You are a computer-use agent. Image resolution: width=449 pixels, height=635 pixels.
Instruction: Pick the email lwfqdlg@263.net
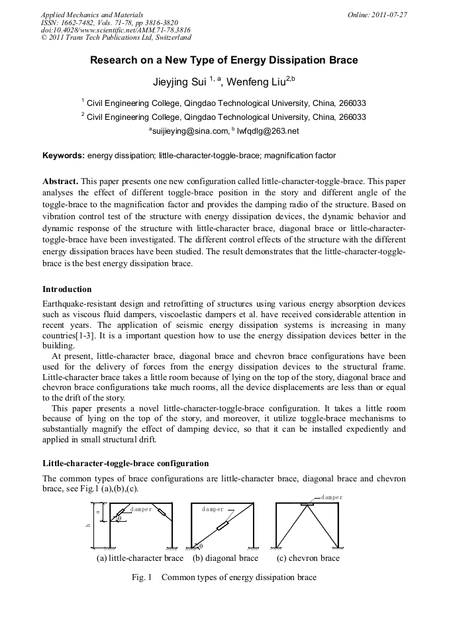268,131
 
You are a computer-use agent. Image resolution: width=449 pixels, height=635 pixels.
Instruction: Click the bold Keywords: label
64,156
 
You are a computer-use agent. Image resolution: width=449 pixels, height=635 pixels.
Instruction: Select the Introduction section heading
67,289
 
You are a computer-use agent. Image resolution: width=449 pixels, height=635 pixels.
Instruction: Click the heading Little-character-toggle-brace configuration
125,463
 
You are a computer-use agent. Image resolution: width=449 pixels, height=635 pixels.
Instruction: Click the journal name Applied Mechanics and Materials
92,14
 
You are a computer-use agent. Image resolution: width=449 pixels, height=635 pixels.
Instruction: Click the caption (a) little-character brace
140,558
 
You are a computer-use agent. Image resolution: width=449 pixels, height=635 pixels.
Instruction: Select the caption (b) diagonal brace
225,558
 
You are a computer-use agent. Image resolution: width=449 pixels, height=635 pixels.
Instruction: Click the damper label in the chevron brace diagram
332,497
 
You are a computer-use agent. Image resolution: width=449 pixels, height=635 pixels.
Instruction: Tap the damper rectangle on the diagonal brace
223,526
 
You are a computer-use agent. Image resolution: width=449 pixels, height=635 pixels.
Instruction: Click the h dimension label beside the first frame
88,526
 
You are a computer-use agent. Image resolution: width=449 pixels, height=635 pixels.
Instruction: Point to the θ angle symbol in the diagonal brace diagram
201,546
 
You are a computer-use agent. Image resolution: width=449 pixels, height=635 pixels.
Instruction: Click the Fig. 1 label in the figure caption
142,577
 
